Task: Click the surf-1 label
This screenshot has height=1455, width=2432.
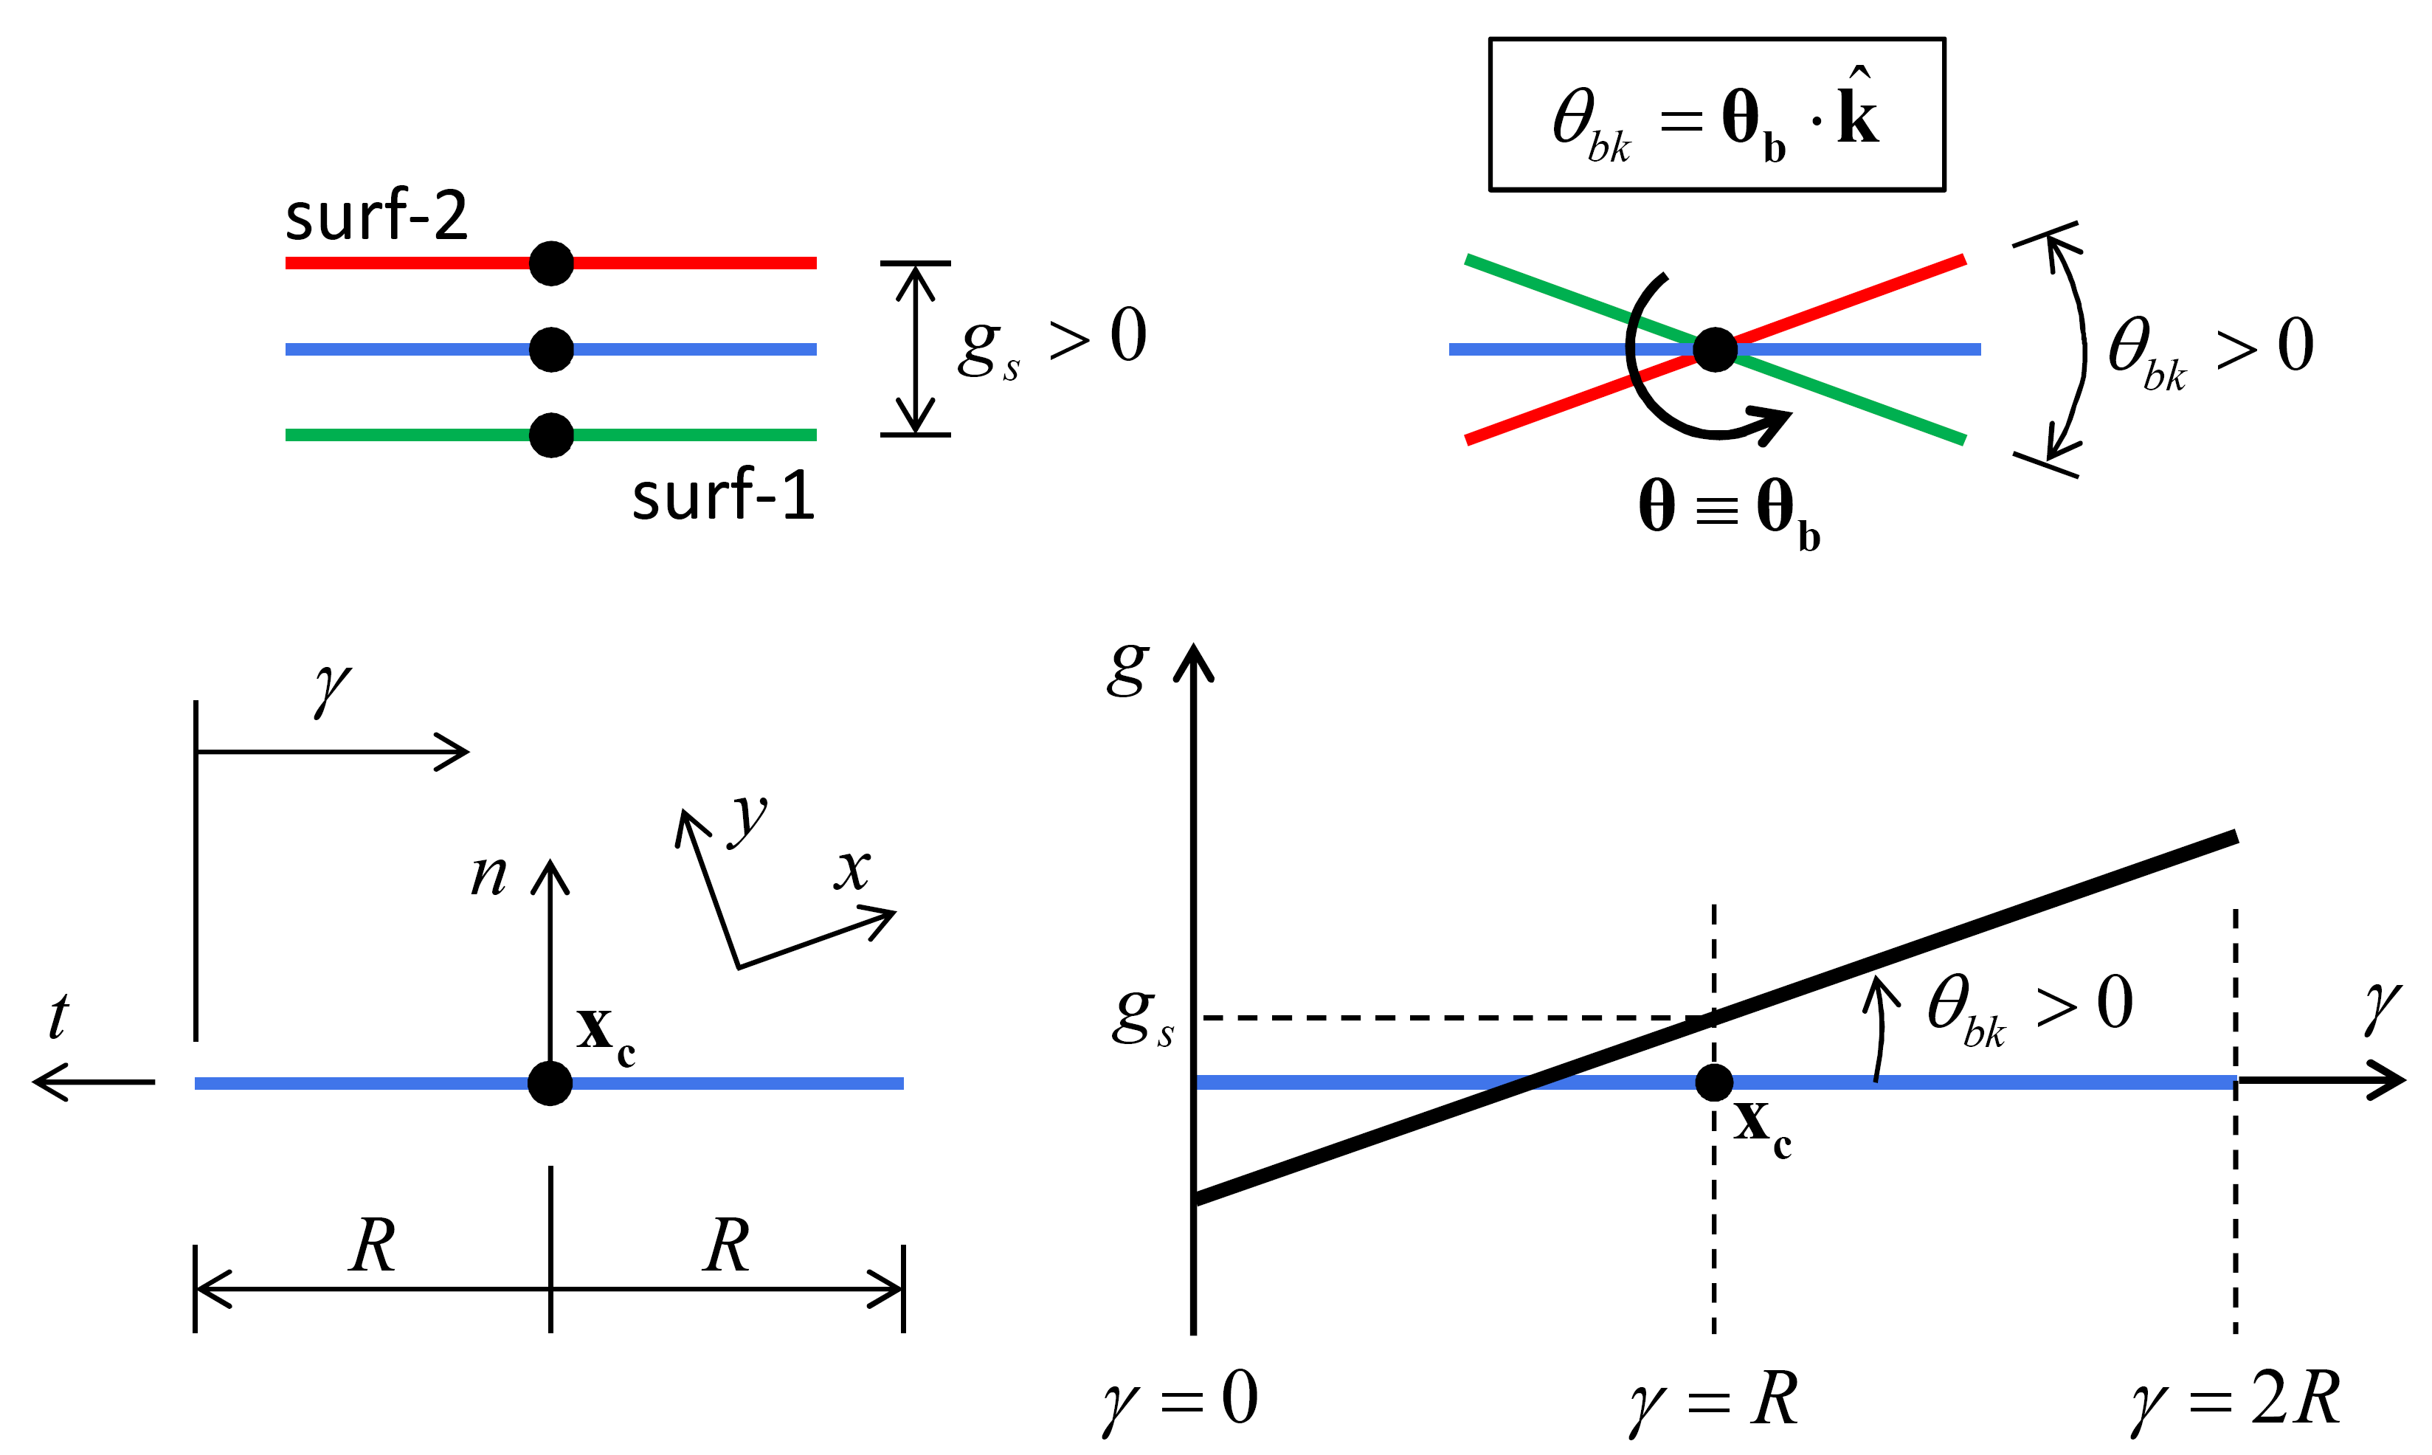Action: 723,495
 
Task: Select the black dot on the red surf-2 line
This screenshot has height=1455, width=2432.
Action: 551,263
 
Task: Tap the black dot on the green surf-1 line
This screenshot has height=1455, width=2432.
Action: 551,435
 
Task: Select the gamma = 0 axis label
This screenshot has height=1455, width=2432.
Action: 1179,1400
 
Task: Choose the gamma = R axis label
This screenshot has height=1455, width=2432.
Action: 1713,1400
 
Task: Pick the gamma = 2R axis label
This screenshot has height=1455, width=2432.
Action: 2235,1400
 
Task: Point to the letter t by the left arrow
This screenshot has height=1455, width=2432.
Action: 59,1016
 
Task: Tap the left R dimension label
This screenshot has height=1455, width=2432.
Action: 373,1245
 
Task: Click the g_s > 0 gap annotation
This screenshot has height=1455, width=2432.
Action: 1051,341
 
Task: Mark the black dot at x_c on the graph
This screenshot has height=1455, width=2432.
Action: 1713,1082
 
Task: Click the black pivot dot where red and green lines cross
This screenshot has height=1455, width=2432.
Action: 1715,349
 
